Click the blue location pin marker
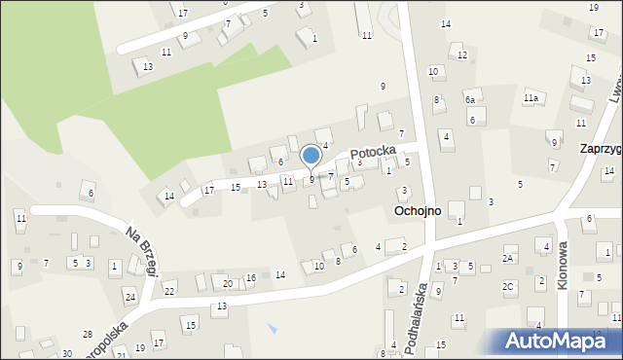pos(311,156)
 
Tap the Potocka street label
pos(373,152)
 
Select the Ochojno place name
pos(418,210)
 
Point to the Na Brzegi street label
pos(141,252)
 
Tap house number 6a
pos(469,99)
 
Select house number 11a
pos(531,98)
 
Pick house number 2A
pos(507,259)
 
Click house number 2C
pos(507,286)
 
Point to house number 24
pos(129,296)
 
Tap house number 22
pos(169,291)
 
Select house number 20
pos(227,283)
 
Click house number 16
pos(250,278)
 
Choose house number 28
pos(87,334)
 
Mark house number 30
pos(66,353)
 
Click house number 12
pos(461,54)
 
